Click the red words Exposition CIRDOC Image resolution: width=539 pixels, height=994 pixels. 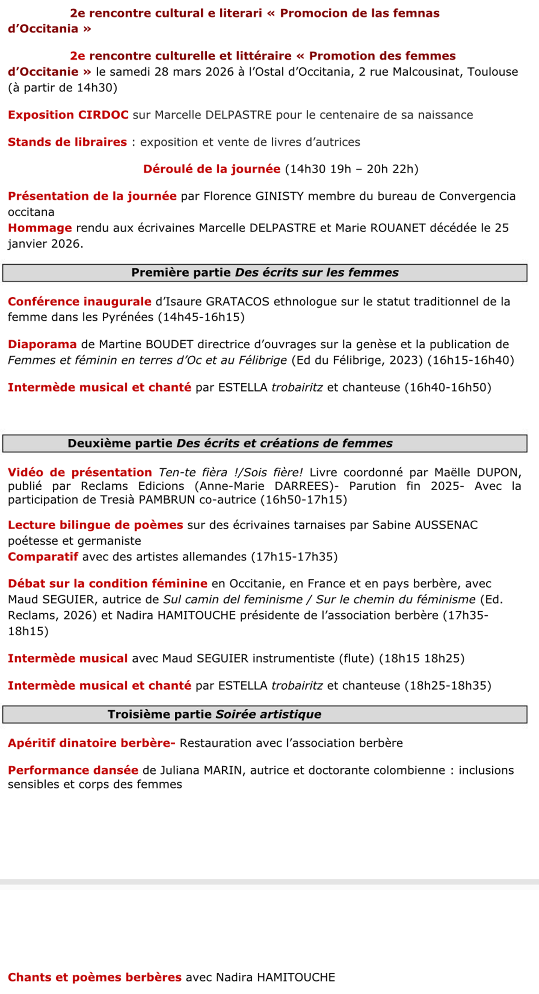click(x=68, y=115)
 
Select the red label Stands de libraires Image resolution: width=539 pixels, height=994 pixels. click(x=67, y=142)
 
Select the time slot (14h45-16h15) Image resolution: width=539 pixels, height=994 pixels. click(x=201, y=317)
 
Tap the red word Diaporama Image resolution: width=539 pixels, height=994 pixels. click(x=42, y=344)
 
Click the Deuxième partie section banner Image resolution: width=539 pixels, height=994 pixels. click(x=265, y=443)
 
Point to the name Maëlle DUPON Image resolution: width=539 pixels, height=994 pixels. click(x=477, y=473)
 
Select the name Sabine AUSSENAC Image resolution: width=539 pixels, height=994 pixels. click(x=425, y=525)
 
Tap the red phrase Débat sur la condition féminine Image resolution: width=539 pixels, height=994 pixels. click(x=107, y=584)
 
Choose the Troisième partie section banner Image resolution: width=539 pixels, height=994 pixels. click(x=265, y=714)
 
